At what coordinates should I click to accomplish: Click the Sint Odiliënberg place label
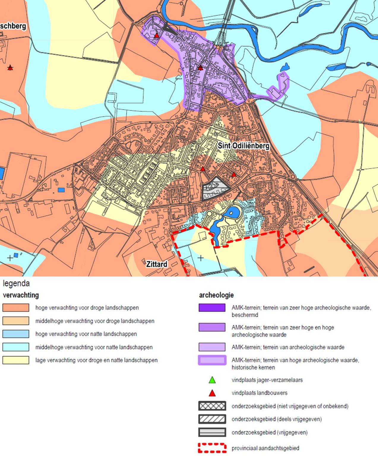pyautogui.click(x=243, y=146)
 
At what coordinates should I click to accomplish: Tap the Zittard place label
pyautogui.click(x=156, y=264)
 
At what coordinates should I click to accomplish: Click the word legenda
pyautogui.click(x=16, y=283)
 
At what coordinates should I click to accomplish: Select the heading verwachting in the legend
pyautogui.click(x=21, y=295)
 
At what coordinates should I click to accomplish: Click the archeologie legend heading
pyautogui.click(x=216, y=295)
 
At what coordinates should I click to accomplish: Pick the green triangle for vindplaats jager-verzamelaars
pyautogui.click(x=212, y=380)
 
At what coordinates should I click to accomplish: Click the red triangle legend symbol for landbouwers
pyautogui.click(x=212, y=393)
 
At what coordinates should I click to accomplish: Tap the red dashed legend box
pyautogui.click(x=212, y=448)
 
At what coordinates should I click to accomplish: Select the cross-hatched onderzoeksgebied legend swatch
pyautogui.click(x=212, y=406)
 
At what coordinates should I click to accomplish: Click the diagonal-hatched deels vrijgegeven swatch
pyautogui.click(x=212, y=419)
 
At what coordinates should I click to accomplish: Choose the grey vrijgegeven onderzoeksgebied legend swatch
pyautogui.click(x=212, y=432)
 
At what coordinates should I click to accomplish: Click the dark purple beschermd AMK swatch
pyautogui.click(x=212, y=308)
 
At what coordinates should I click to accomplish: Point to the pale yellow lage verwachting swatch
pyautogui.click(x=16, y=360)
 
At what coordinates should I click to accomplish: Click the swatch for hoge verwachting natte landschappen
pyautogui.click(x=16, y=334)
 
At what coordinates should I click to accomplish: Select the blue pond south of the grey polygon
pyautogui.click(x=232, y=213)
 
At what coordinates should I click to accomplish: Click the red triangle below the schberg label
pyautogui.click(x=10, y=68)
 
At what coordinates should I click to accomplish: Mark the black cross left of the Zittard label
pyautogui.click(x=10, y=258)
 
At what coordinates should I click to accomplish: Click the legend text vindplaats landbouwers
pyautogui.click(x=259, y=393)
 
